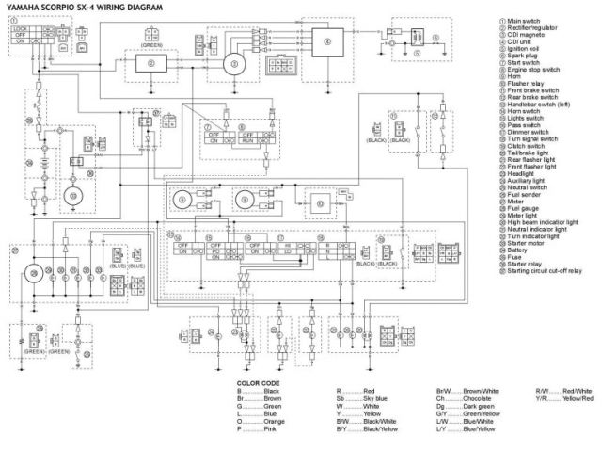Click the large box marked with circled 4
tap(327, 42)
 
